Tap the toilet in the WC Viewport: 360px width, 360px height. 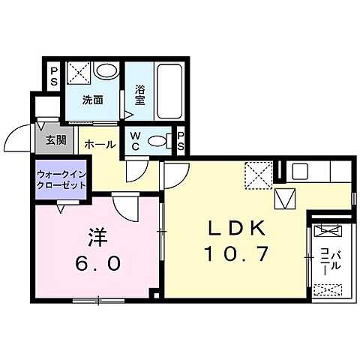point(159,140)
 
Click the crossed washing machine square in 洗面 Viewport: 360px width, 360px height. point(78,73)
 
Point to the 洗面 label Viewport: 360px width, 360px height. point(92,100)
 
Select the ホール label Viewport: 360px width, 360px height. point(99,142)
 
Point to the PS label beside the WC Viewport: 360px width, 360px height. point(181,139)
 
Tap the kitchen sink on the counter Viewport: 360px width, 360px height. point(300,171)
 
